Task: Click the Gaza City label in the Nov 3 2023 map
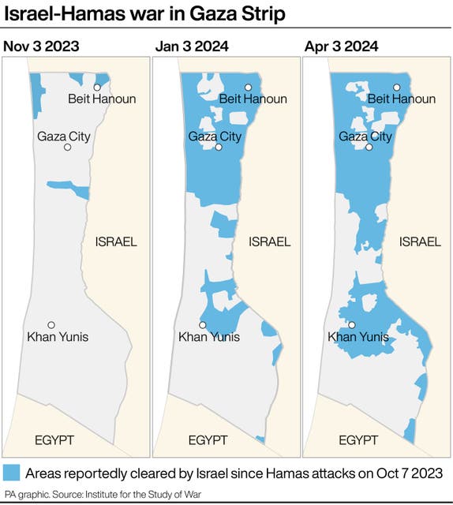64,137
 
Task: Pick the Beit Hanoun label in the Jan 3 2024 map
253,99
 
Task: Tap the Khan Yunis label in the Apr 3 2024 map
358,338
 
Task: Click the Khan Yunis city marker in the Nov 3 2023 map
51,325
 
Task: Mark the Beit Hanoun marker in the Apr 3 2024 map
398,87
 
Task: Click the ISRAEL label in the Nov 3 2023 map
115,241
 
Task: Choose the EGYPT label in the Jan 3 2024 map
208,440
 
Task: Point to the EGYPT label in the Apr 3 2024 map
358,440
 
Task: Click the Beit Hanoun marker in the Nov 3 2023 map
97,87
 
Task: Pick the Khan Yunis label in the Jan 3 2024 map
208,338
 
